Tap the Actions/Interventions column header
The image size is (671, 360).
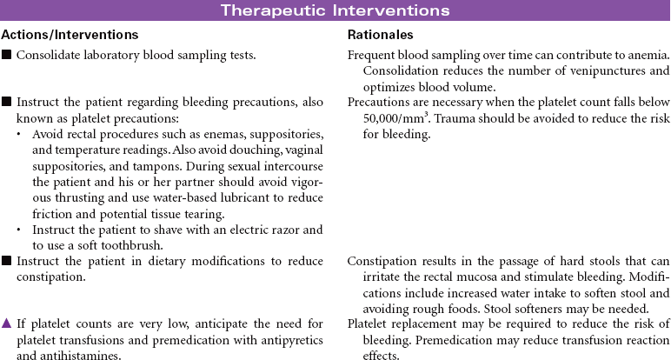tap(70, 35)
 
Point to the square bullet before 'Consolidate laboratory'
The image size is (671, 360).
tap(7, 56)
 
